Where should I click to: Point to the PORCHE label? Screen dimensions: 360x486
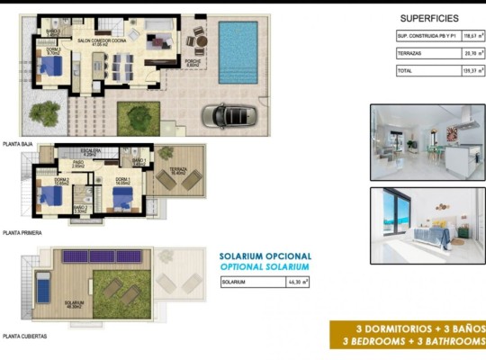192,62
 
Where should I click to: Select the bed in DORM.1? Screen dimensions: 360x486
123,198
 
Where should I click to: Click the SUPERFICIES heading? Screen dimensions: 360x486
428,18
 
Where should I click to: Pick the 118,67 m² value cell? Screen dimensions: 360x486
465,36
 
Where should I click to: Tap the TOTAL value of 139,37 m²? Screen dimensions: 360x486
465,70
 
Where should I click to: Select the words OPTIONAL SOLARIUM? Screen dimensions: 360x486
265,267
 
